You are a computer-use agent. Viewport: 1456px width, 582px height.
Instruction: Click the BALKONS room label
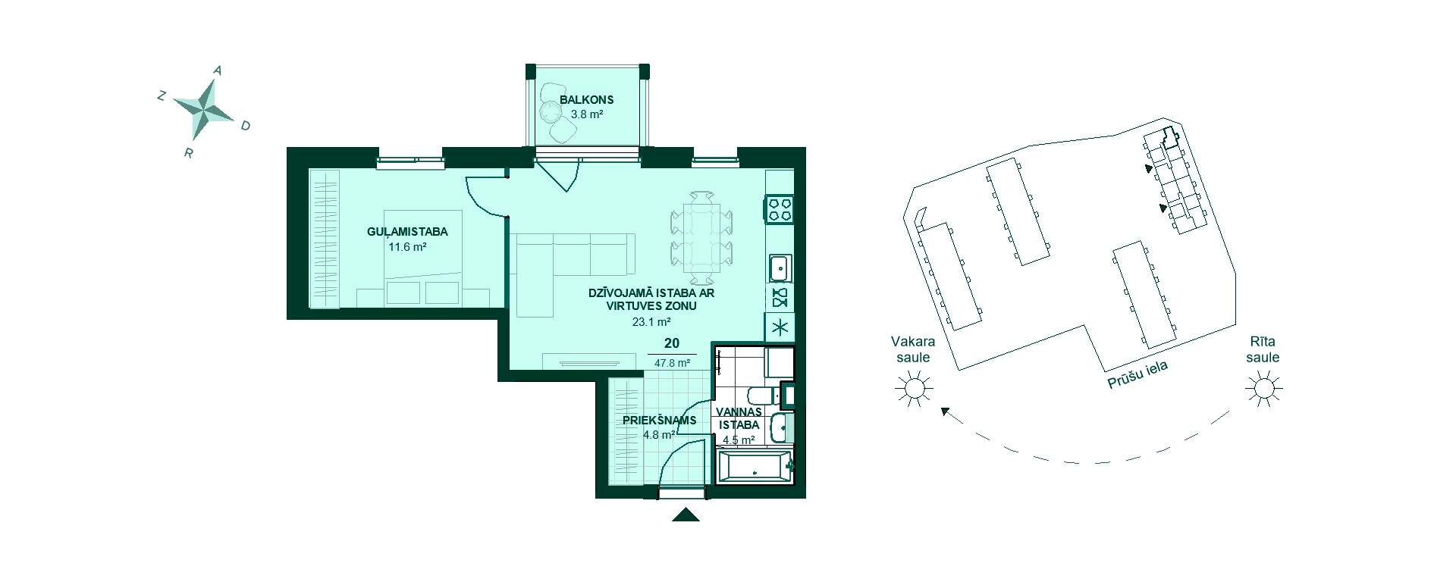tap(586, 99)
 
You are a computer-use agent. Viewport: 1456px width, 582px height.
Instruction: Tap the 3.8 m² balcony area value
tap(586, 115)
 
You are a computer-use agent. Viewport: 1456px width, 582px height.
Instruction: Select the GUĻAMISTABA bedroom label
tap(407, 232)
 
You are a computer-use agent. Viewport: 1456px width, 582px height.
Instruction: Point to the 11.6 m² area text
tap(407, 247)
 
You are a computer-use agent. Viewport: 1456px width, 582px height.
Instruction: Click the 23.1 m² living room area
tap(651, 321)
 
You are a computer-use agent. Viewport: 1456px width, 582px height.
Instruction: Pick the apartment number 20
tap(671, 343)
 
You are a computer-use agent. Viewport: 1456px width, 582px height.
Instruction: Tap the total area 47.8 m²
tap(672, 363)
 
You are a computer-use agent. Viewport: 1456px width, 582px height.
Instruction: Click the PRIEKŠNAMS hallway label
tap(659, 421)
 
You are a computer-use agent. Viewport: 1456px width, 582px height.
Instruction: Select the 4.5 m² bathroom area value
tap(738, 440)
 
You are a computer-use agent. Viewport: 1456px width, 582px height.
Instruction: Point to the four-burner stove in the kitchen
tap(780, 209)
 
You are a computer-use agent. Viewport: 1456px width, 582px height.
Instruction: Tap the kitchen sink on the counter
tap(780, 268)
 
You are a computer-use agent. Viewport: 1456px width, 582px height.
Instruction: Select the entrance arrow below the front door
tap(686, 515)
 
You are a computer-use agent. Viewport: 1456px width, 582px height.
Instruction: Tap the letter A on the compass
tap(218, 70)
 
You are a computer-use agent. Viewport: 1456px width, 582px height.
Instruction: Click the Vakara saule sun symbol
tap(913, 389)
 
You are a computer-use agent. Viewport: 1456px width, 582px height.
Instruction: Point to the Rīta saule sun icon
tap(1263, 389)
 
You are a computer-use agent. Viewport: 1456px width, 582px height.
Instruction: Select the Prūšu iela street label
tap(1137, 374)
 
